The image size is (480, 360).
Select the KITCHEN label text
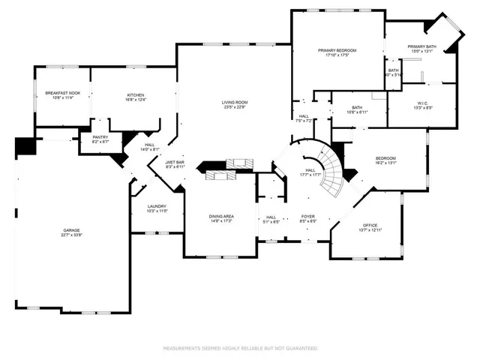tap(135, 95)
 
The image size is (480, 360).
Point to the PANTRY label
tap(100, 137)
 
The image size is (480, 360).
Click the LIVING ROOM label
tap(235, 102)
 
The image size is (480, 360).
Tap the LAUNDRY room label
tap(156, 206)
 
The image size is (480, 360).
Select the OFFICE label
tap(370, 225)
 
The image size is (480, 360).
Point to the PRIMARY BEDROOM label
tap(337, 50)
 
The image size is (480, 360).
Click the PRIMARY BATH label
tap(421, 46)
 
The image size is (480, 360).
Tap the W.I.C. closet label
tap(422, 103)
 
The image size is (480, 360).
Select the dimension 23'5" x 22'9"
tap(235, 107)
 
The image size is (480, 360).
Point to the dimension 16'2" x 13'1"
tap(385, 163)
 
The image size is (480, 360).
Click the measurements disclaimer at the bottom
tap(240, 349)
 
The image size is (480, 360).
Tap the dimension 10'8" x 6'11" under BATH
tap(357, 112)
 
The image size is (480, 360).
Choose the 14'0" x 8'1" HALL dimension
tap(150, 150)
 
